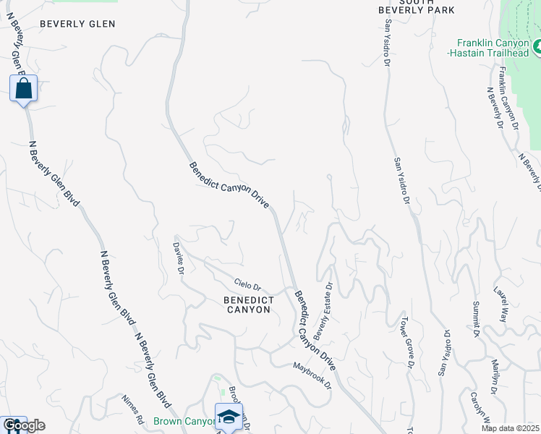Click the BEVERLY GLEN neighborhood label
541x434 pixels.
tap(77, 24)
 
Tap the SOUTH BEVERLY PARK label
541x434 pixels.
tap(417, 6)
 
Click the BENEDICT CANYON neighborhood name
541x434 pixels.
tap(247, 305)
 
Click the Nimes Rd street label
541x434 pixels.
tap(132, 409)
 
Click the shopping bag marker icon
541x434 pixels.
tap(24, 90)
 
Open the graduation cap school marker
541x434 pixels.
tap(229, 417)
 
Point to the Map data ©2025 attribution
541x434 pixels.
tap(510, 428)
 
